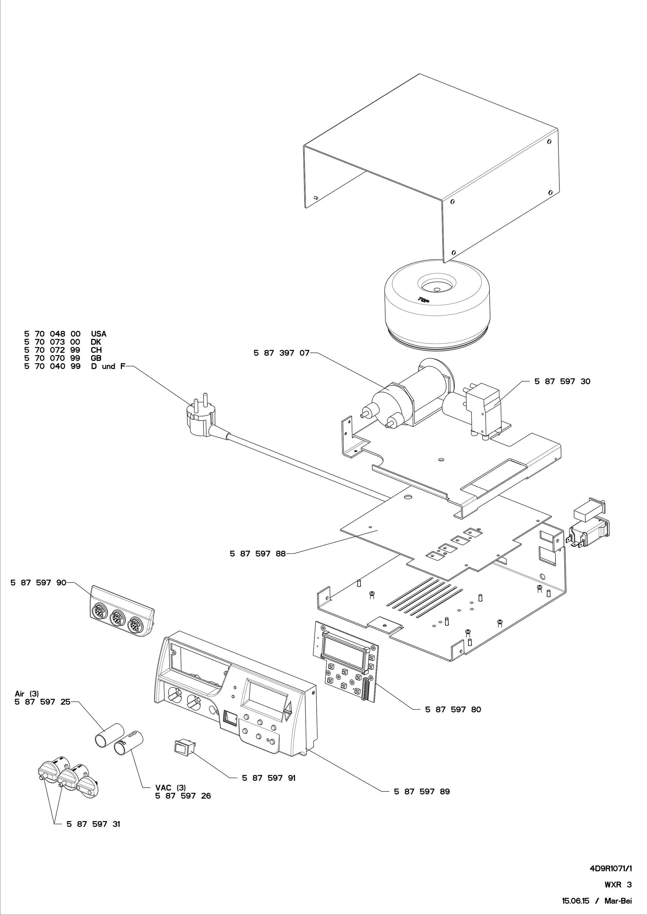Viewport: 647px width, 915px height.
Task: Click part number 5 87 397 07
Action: pyautogui.click(x=281, y=353)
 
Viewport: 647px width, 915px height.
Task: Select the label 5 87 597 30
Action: pyautogui.click(x=562, y=382)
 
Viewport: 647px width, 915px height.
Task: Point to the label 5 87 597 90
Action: pyautogui.click(x=38, y=583)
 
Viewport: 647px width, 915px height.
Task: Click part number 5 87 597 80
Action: pyautogui.click(x=453, y=709)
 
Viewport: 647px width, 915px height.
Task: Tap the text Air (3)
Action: pyautogui.click(x=27, y=694)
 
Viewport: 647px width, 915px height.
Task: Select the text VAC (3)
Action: pyautogui.click(x=170, y=788)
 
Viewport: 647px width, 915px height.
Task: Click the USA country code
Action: pyautogui.click(x=98, y=334)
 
